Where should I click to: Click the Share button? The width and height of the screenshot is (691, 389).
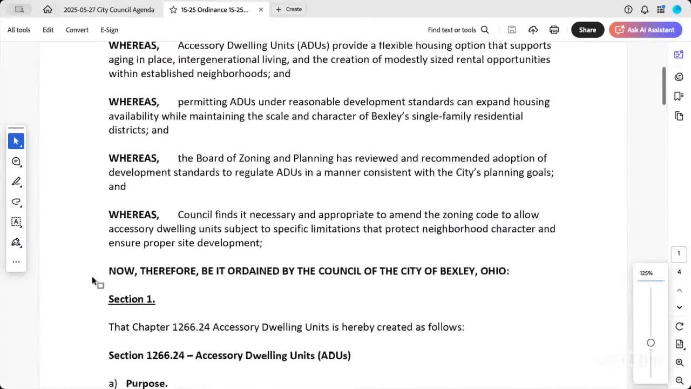click(x=587, y=30)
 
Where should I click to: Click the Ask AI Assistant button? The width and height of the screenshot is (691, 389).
click(x=645, y=30)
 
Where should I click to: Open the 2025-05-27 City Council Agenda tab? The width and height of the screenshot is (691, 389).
click(x=109, y=9)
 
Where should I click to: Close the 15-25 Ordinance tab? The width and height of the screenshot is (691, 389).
click(x=261, y=9)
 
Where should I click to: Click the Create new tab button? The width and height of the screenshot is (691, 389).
click(x=289, y=9)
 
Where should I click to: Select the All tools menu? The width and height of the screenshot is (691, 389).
click(x=19, y=30)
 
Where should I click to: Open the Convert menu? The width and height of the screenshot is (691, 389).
click(x=77, y=30)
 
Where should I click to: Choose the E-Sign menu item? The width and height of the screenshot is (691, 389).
click(x=109, y=30)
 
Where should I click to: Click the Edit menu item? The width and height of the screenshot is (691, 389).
click(x=48, y=30)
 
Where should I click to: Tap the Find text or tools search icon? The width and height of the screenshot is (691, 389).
click(x=485, y=30)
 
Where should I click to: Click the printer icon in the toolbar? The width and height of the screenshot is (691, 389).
click(x=554, y=30)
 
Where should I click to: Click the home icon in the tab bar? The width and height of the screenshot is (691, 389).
click(x=48, y=9)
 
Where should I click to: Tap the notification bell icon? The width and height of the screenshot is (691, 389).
click(x=645, y=9)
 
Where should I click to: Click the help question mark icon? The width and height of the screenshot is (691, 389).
click(x=628, y=9)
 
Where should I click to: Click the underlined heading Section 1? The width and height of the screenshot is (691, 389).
click(x=132, y=299)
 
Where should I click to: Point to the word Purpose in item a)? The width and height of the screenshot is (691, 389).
click(x=146, y=383)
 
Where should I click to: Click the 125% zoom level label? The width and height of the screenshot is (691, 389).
click(x=646, y=273)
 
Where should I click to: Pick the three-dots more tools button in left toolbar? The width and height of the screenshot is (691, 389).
click(x=16, y=262)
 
